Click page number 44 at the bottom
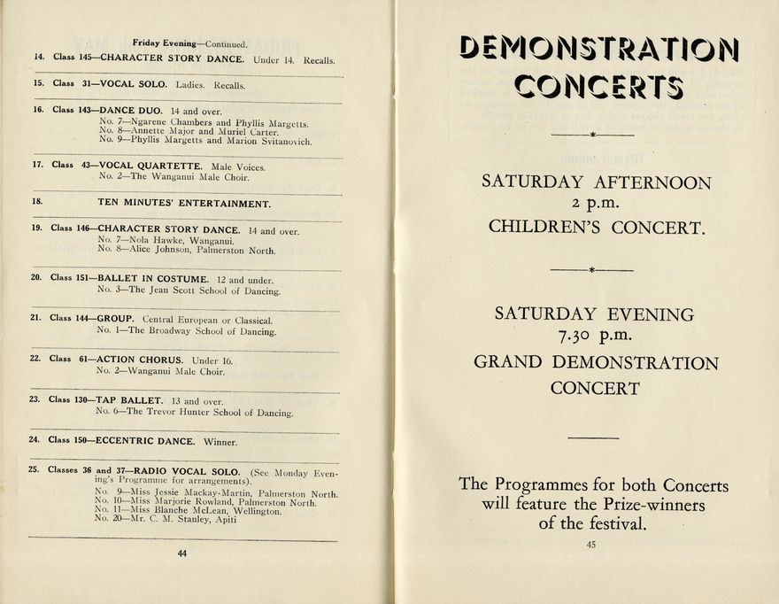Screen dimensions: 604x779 point(181,554)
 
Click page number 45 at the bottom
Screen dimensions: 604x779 point(590,545)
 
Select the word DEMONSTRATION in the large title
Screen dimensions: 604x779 point(599,49)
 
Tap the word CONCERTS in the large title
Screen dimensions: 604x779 point(598,87)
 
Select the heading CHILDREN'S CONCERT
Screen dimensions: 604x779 point(597,227)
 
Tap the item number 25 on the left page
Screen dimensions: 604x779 point(34,469)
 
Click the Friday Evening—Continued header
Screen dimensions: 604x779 point(190,43)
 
